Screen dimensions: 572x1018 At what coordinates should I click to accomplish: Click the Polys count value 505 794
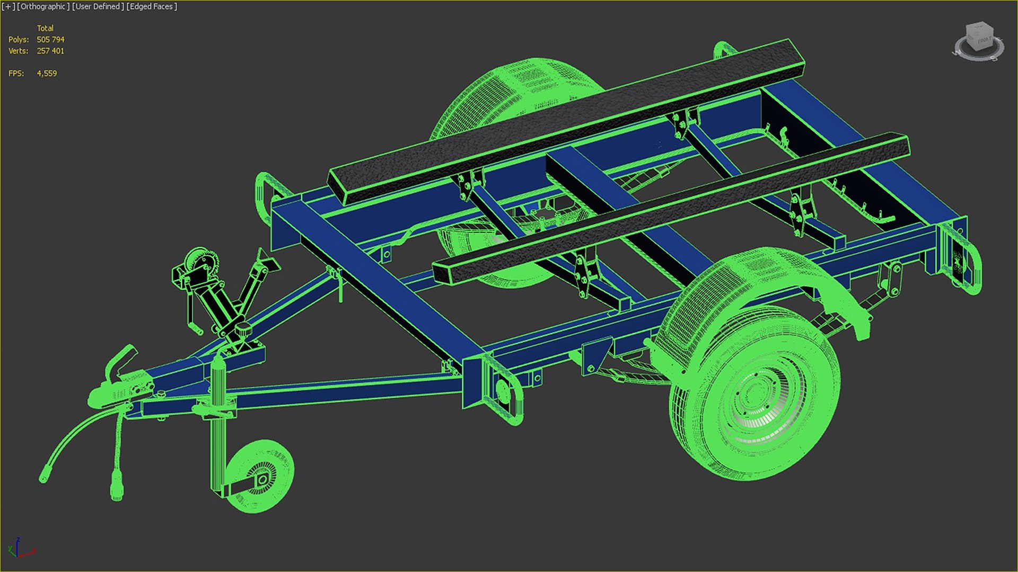(x=50, y=40)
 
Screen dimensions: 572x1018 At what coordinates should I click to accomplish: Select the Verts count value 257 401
(x=50, y=51)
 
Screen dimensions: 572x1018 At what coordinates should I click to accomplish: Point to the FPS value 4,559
(x=47, y=74)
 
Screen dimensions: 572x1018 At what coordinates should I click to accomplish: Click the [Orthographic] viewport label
(x=43, y=7)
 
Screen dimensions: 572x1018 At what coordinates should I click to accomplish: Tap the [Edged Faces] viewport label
(x=152, y=7)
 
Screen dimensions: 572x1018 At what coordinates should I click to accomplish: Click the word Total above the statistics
(x=45, y=28)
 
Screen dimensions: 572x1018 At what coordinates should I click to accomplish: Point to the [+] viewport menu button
(x=8, y=7)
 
